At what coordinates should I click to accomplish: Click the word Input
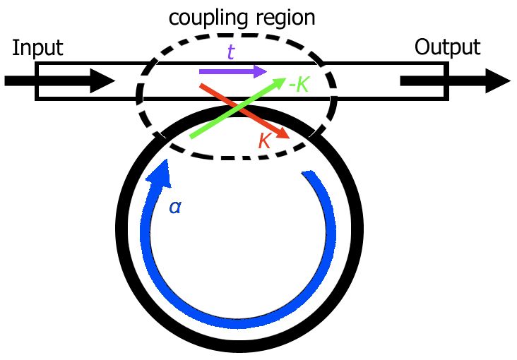tap(37, 48)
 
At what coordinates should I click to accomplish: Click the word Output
tap(447, 47)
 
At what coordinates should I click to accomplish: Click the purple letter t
tap(230, 52)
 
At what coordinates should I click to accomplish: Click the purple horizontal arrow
tap(233, 71)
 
